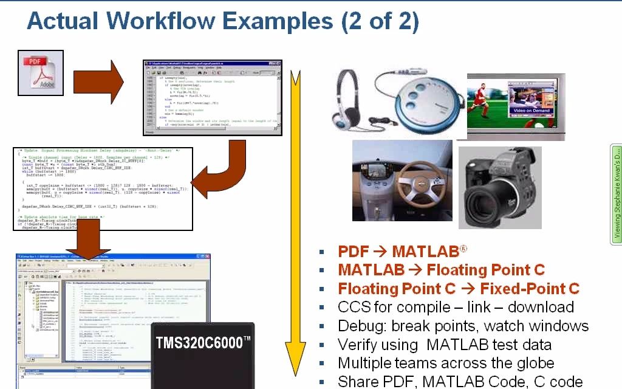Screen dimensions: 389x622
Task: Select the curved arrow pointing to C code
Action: [x=218, y=170]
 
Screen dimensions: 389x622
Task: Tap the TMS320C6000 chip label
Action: [x=203, y=342]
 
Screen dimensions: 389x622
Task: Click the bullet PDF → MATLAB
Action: [x=402, y=251]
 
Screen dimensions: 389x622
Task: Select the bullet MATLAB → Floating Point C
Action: [x=441, y=270]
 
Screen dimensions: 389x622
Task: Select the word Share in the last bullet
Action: [x=359, y=382]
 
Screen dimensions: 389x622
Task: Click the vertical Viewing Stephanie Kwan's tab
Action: [x=617, y=194]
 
